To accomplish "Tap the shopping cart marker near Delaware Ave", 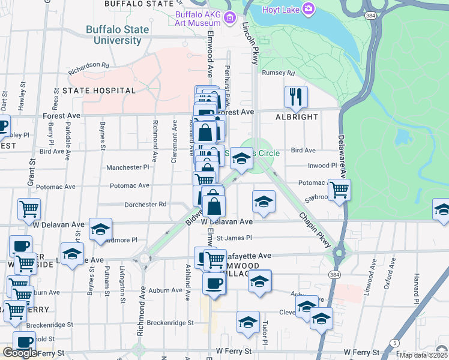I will [340, 189].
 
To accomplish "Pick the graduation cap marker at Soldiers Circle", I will [241, 159].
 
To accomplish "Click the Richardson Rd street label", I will [88, 65].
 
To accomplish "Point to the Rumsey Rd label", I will [279, 73].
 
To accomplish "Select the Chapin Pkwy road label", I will [315, 230].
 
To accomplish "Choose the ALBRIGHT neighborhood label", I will [297, 117].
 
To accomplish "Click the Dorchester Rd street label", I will [145, 204].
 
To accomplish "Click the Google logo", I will [20, 353].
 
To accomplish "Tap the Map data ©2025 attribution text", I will [424, 355].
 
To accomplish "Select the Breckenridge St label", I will [165, 323].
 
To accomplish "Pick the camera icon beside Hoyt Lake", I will [309, 8].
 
